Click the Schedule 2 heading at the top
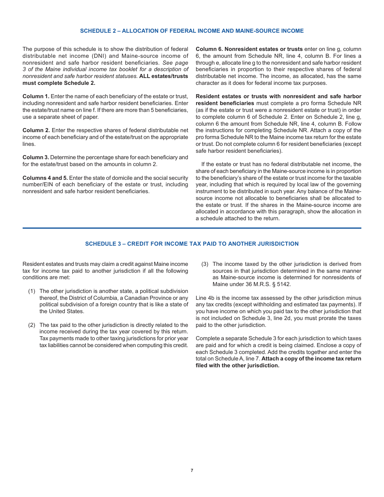point(192,31)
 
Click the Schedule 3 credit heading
point(192,244)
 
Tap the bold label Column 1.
point(36,97)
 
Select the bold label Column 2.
point(36,131)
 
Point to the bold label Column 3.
point(36,158)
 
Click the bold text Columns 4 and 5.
point(45,178)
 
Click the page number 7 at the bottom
point(192,470)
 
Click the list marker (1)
point(32,291)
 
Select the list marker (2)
point(32,325)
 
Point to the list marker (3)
point(205,264)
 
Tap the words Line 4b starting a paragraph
point(205,298)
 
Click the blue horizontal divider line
point(192,228)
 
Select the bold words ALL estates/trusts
point(164,76)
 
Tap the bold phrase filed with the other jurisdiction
point(237,366)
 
